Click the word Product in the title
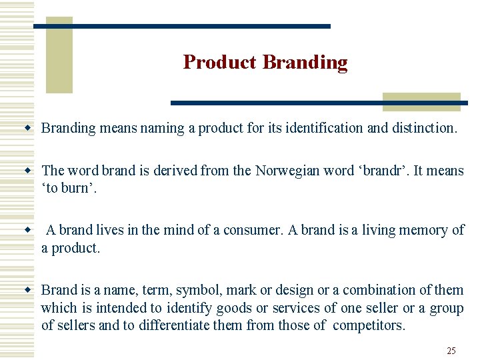click(x=219, y=62)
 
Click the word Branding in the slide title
click(x=305, y=62)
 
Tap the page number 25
click(x=451, y=351)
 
